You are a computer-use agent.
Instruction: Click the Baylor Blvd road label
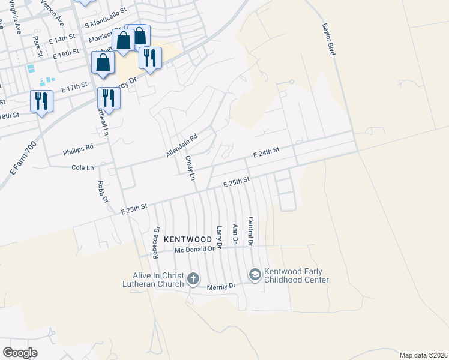click(328, 40)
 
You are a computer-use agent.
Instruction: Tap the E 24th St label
click(267, 154)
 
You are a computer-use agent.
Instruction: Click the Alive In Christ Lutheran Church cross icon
click(193, 278)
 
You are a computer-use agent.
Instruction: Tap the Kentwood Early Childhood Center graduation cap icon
click(255, 275)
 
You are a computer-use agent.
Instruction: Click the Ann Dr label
click(235, 233)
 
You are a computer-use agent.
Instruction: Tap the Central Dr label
click(250, 231)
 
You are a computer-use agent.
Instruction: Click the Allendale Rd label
click(182, 146)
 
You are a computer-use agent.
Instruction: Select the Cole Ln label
click(83, 168)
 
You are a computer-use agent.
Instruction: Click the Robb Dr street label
click(101, 192)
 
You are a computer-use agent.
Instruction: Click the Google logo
click(20, 353)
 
